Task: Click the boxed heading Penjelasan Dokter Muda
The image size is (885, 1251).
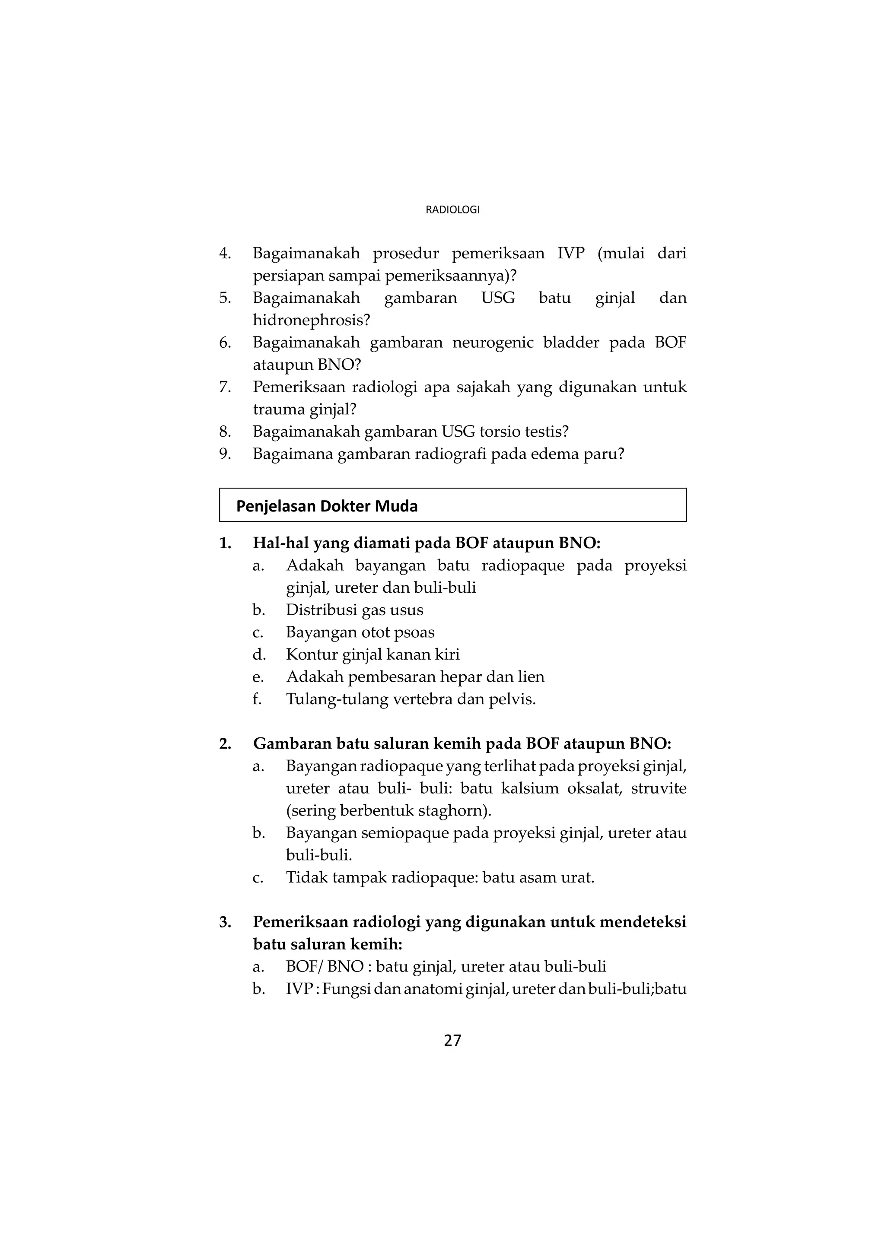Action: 327,506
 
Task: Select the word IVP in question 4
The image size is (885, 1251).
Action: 570,254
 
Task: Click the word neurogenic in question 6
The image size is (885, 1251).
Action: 493,343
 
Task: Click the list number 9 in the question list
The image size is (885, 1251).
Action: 225,454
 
